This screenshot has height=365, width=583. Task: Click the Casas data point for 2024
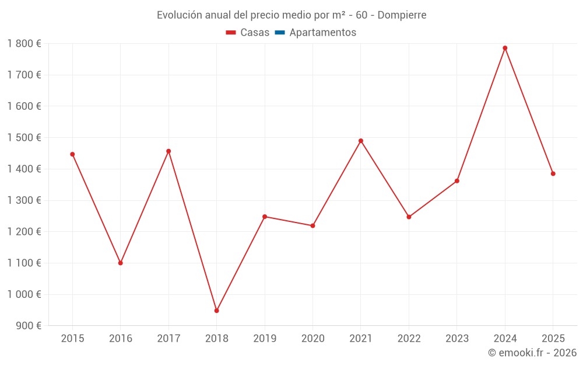(505, 48)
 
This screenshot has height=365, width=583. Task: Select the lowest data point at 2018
(216, 311)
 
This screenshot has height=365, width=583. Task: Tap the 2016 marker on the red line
(121, 263)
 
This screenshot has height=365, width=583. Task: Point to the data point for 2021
(361, 141)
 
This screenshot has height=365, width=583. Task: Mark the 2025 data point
(553, 173)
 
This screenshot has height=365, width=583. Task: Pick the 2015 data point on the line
(72, 154)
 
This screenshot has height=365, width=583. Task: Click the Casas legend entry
(248, 33)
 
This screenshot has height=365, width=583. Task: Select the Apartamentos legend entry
(315, 33)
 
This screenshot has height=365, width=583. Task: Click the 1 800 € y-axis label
(24, 44)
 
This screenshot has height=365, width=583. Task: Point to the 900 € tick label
(28, 326)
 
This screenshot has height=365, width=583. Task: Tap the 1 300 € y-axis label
(24, 200)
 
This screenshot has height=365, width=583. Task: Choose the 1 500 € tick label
(24, 138)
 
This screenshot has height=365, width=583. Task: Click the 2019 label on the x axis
(265, 338)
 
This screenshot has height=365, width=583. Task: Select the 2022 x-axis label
(409, 338)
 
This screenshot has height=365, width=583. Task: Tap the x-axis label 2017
(168, 338)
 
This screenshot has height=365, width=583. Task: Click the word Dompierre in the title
(402, 15)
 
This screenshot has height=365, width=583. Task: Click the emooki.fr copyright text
(532, 353)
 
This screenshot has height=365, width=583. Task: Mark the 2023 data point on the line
(457, 181)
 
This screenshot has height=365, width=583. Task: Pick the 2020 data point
(312, 225)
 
